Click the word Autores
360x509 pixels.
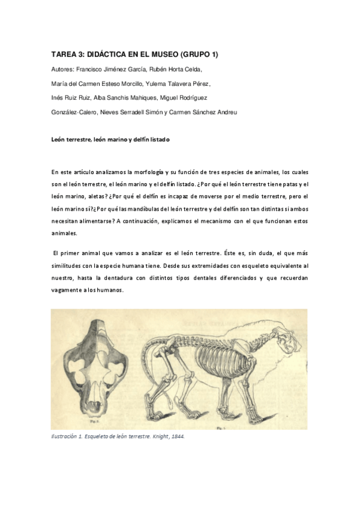point(63,69)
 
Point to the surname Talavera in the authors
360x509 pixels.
point(173,83)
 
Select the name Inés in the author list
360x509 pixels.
point(58,98)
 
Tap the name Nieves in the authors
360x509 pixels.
point(122,112)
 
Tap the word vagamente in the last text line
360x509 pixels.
point(67,289)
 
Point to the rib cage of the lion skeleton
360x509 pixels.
point(223,360)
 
